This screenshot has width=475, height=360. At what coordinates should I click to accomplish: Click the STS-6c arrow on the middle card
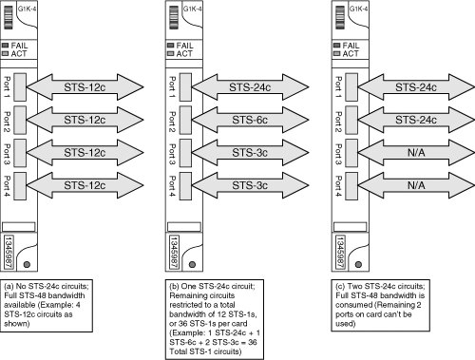[250, 120]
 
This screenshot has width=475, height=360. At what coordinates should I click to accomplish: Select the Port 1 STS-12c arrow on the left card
[85, 87]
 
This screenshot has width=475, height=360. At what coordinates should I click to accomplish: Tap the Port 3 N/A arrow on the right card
[416, 153]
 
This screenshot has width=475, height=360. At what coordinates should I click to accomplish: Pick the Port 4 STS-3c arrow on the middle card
[250, 185]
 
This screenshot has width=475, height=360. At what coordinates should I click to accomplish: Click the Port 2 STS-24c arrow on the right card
[416, 120]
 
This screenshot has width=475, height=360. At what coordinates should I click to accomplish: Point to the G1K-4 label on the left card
[27, 9]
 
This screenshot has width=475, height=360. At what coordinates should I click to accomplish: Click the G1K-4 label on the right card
[358, 9]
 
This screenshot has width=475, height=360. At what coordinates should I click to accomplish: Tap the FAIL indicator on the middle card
[171, 46]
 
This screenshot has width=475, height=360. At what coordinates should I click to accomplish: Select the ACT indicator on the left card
[5, 54]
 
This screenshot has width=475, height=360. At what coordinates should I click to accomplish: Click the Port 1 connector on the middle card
[185, 87]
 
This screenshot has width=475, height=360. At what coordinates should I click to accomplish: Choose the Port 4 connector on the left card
[20, 186]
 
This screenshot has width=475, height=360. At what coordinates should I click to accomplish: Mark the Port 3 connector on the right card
[351, 153]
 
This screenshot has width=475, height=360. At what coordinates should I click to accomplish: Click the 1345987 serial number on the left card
[9, 252]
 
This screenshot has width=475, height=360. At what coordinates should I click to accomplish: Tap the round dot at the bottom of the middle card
[192, 264]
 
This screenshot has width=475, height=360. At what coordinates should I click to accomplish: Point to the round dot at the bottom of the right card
[358, 264]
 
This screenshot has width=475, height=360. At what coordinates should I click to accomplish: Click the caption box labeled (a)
[47, 306]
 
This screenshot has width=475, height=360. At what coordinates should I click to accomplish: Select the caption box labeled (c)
[381, 305]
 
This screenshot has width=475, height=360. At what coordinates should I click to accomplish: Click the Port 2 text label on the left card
[7, 122]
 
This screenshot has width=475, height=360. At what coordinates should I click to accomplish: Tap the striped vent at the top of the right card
[340, 17]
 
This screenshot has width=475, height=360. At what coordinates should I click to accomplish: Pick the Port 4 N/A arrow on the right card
[416, 185]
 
